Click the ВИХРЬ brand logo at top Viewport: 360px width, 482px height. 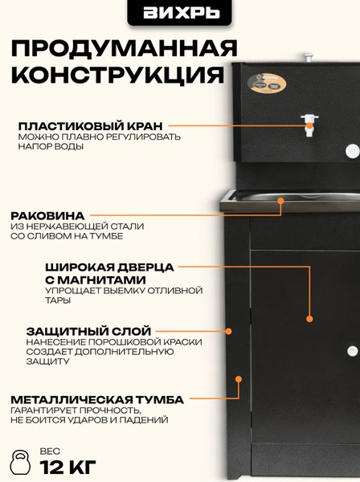pyautogui.click(x=180, y=13)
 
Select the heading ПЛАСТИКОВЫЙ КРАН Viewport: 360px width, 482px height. pyautogui.click(x=91, y=126)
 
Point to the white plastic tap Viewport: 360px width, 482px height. pyautogui.click(x=307, y=122)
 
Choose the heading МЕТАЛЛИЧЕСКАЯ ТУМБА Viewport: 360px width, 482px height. pyautogui.click(x=97, y=399)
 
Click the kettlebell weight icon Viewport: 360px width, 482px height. pyautogui.click(x=18, y=464)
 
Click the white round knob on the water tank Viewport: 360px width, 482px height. pyautogui.click(x=351, y=150)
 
